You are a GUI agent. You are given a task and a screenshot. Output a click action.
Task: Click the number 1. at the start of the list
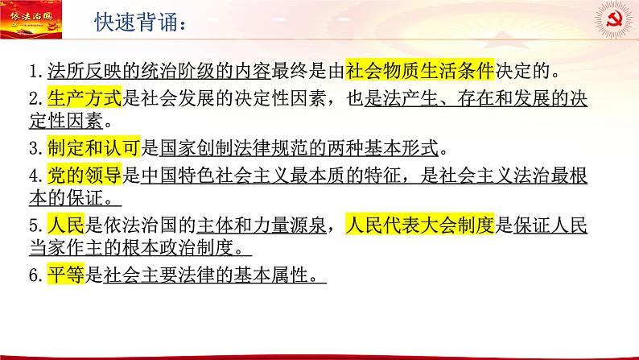[34, 72]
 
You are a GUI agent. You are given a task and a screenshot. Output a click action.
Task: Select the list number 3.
[34, 149]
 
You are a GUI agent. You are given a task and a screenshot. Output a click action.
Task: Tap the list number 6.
[34, 275]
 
